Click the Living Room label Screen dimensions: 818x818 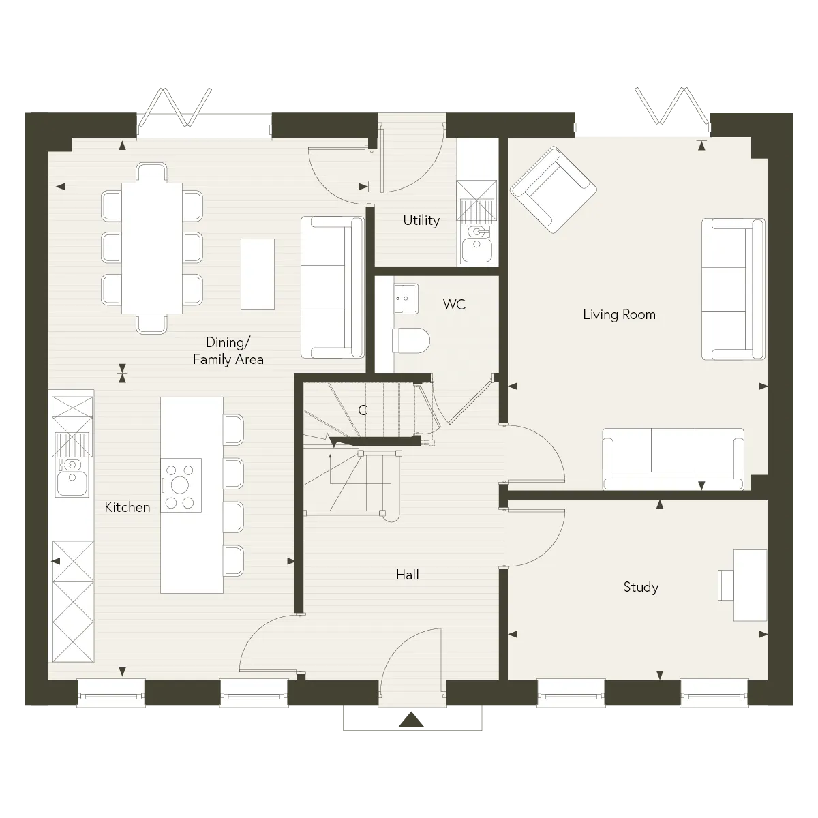(619, 314)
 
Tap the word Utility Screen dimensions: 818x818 (421, 220)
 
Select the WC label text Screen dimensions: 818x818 (454, 304)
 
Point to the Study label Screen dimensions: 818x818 (641, 588)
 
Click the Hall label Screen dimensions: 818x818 (407, 575)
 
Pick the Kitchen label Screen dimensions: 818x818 (127, 507)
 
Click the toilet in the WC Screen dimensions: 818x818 (410, 340)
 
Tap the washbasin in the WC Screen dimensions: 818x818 (406, 299)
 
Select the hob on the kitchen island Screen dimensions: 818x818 (181, 485)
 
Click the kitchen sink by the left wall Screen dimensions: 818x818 (72, 478)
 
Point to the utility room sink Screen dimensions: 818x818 (476, 245)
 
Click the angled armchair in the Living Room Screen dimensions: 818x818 (554, 190)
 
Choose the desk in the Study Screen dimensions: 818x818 (750, 586)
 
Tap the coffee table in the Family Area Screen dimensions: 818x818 (258, 274)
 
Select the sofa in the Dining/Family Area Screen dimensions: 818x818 (333, 288)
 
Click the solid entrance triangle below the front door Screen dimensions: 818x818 (411, 720)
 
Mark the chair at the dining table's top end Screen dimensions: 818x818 (151, 172)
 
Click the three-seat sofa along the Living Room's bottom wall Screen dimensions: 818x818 (673, 459)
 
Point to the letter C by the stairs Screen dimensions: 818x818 (363, 410)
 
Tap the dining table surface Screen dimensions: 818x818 (152, 248)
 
